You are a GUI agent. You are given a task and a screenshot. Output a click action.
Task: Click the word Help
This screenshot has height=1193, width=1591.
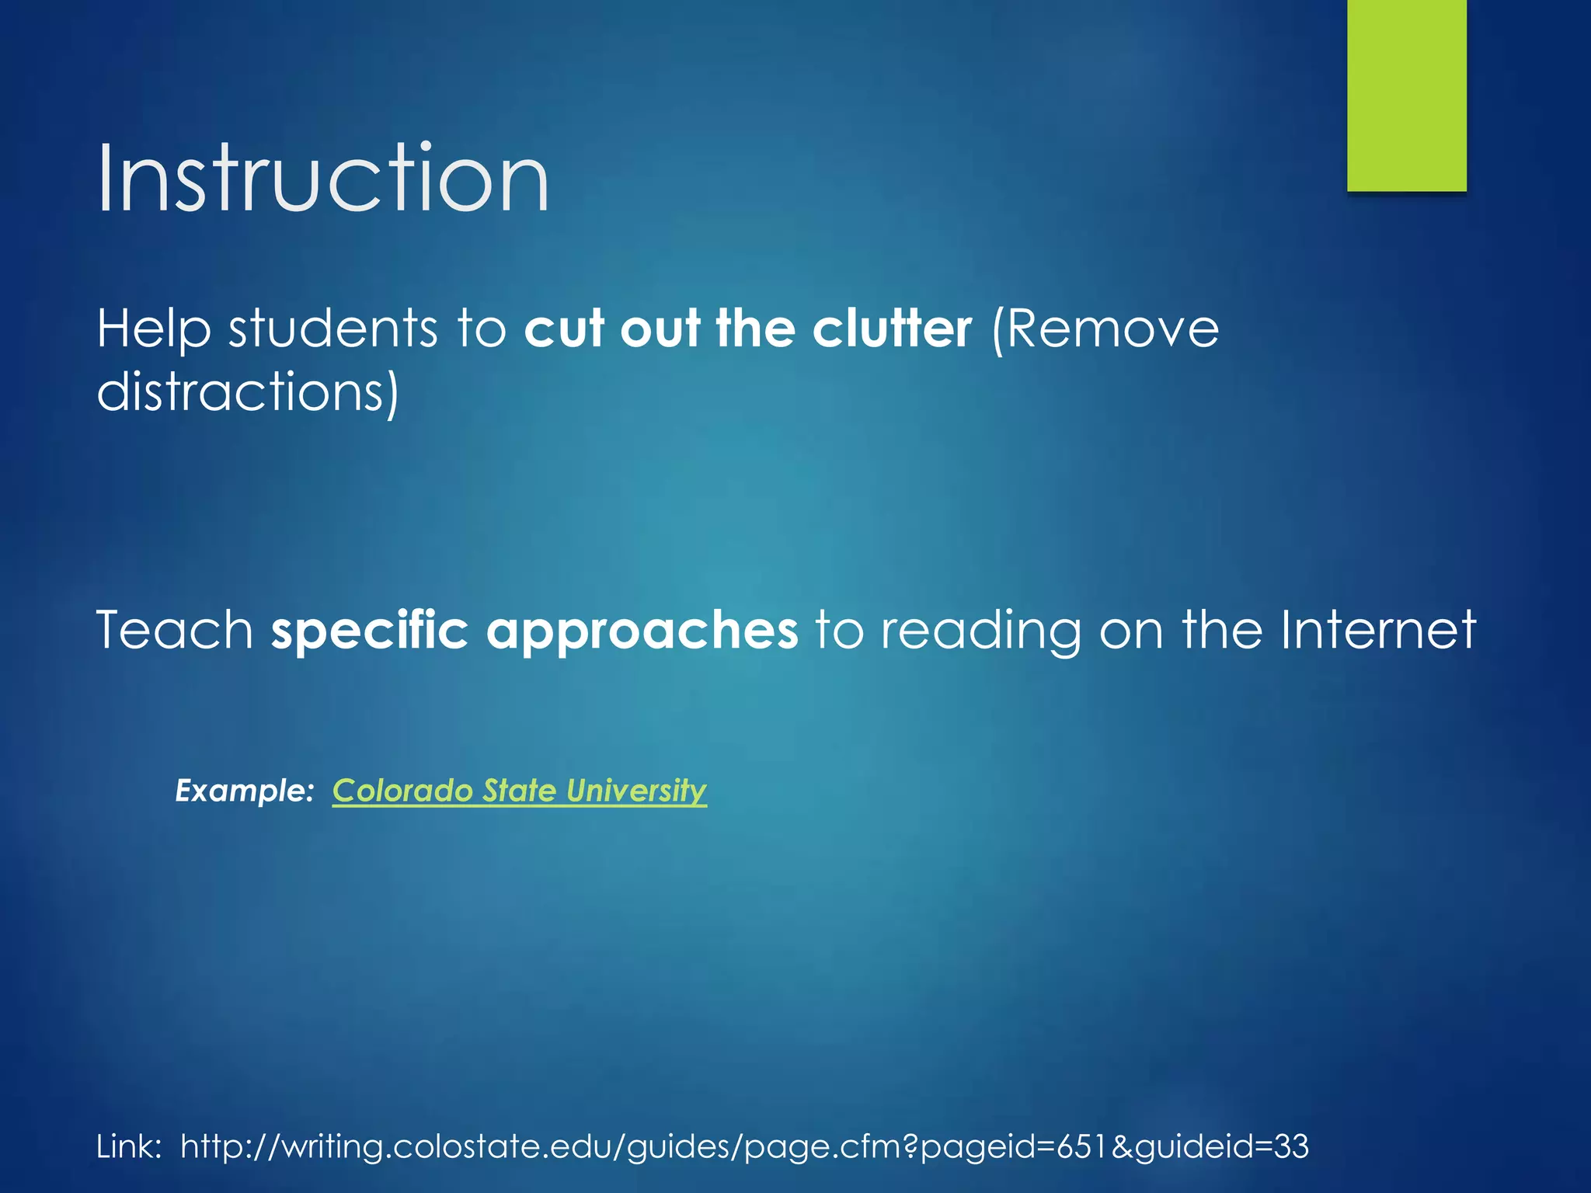coord(153,329)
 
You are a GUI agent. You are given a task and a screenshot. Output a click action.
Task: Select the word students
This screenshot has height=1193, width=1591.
coord(332,329)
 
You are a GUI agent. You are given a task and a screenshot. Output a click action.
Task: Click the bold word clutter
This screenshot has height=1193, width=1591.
coord(892,329)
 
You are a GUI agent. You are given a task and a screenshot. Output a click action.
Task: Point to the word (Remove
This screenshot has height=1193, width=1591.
coord(1105,329)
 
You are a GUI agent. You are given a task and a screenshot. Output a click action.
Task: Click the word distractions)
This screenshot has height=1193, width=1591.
coord(247,391)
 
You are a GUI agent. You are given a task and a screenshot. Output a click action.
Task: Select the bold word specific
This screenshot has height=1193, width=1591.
coord(369,631)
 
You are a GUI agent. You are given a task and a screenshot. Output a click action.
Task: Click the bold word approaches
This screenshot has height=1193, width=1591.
coord(642,631)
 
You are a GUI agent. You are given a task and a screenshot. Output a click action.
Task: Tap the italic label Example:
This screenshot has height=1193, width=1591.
coord(244,791)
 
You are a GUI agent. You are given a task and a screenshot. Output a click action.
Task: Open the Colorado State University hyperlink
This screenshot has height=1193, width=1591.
coord(519,791)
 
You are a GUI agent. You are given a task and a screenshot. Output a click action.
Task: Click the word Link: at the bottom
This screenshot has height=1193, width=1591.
coord(129,1146)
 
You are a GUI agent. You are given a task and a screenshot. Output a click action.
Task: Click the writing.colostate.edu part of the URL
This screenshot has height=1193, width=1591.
coord(451,1146)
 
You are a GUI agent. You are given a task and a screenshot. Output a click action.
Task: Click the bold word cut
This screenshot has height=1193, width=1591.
coord(564,329)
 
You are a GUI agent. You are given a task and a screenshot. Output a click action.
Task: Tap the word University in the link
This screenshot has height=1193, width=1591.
coord(636,791)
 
